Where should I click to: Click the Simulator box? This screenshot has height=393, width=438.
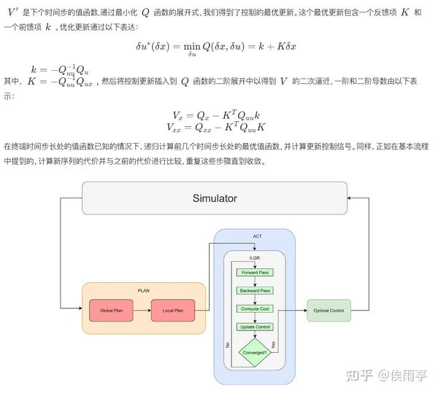coord(214,198)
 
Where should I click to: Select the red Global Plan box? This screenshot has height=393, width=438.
coord(112,311)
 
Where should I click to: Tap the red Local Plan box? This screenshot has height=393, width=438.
coord(173,311)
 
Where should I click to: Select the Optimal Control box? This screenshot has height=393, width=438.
coord(328,311)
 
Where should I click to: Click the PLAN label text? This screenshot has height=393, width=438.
coord(144,290)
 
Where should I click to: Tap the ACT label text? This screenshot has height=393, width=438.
coord(257,236)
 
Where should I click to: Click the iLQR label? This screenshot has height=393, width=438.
coord(254,257)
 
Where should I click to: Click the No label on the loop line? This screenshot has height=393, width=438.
coord(228,343)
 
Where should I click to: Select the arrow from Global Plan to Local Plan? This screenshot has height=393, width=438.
coord(142,311)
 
